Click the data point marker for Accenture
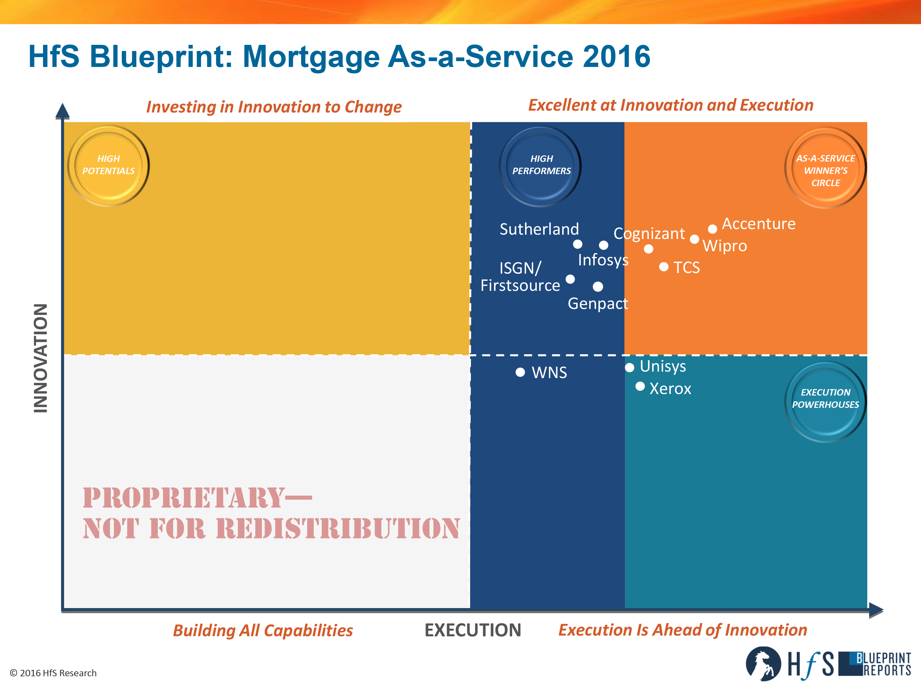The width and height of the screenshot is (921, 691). coord(713,229)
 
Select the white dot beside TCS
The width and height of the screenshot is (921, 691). coord(664,267)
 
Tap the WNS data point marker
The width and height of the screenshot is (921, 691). coord(520,372)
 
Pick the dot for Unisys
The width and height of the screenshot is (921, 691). coord(630,367)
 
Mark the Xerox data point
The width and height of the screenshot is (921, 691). coord(640,387)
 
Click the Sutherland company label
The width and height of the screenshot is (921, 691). coord(539,229)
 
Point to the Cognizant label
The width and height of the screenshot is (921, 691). coord(649,234)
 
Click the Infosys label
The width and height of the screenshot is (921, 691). coord(603,260)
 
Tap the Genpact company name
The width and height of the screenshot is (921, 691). coord(598,304)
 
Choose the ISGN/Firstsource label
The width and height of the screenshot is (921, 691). coord(520,277)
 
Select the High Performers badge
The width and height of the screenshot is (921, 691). coord(540,166)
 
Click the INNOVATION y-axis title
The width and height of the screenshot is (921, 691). coord(41,358)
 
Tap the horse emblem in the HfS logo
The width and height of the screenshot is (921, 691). coord(763,663)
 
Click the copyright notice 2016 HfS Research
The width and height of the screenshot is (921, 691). coord(53,673)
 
